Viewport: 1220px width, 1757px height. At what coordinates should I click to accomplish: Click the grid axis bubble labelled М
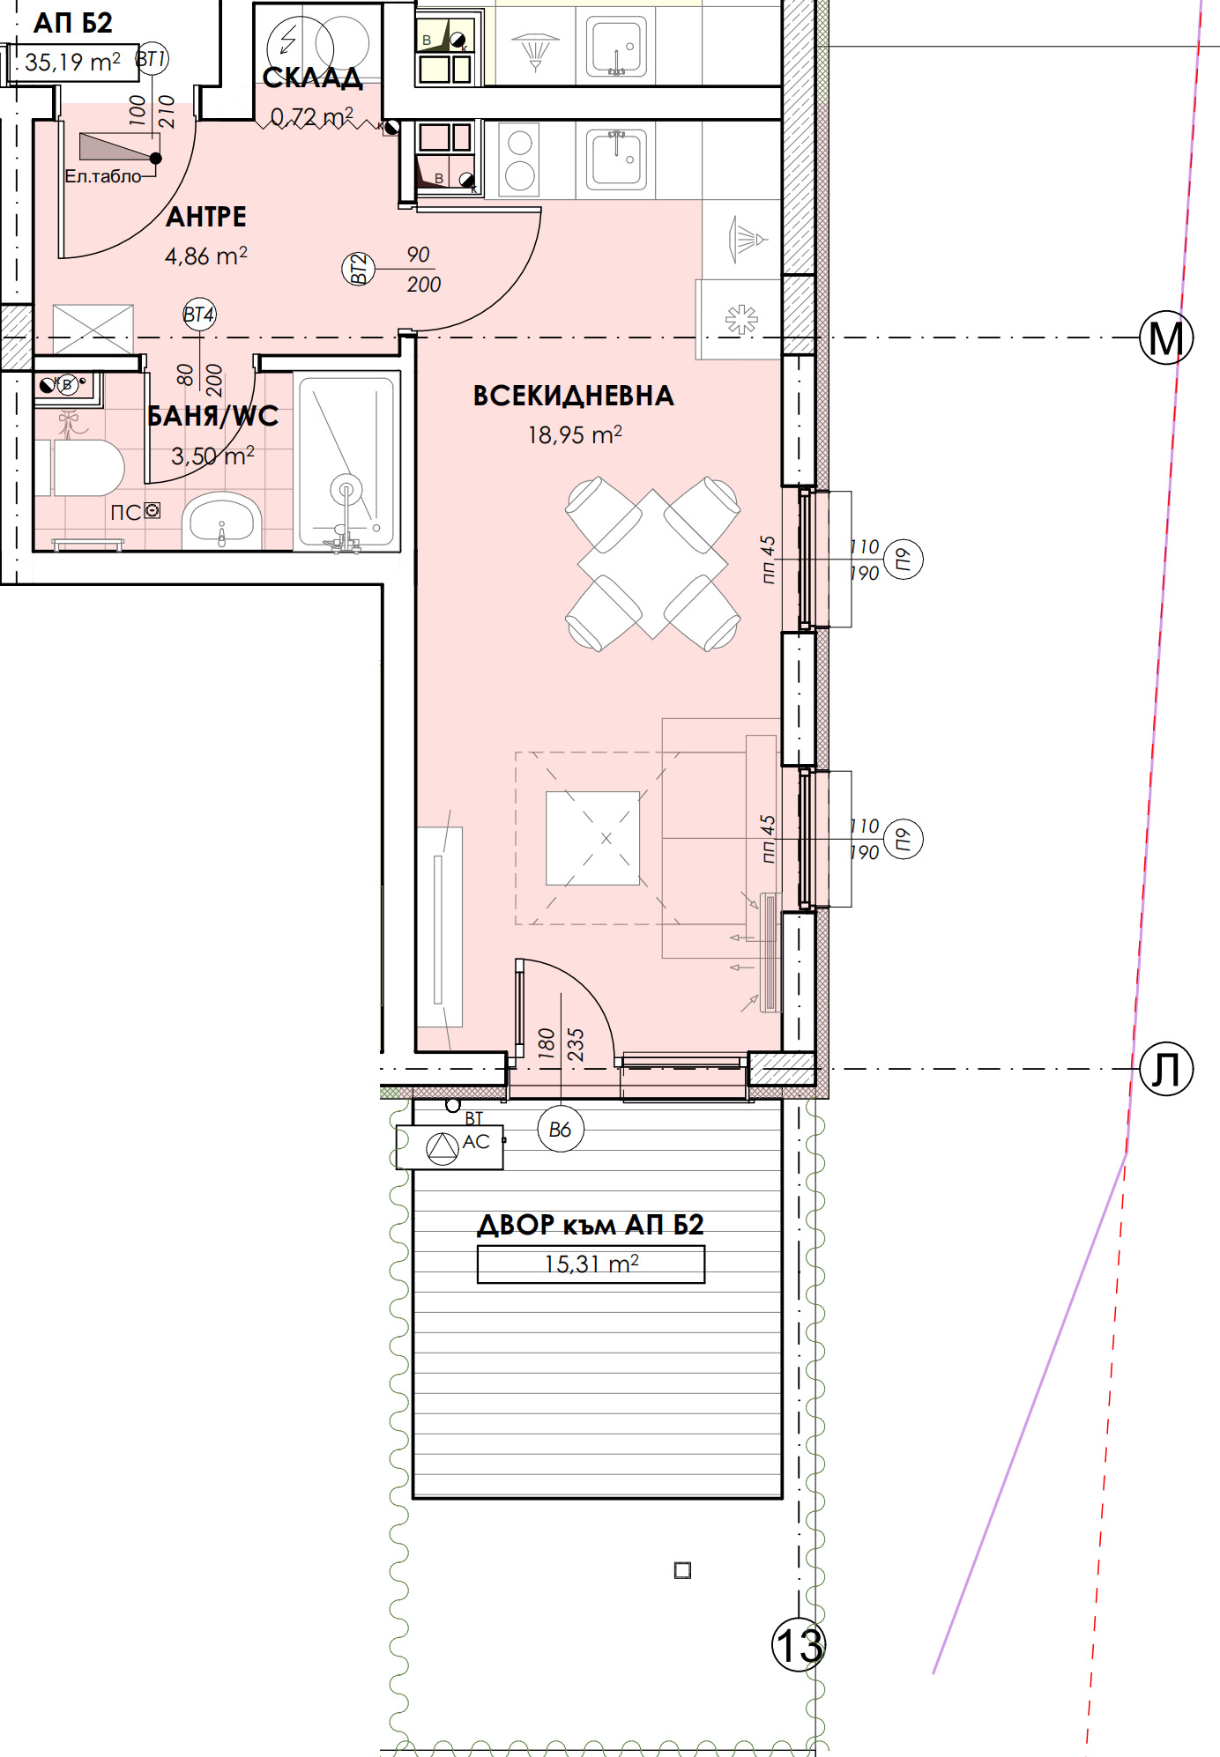pos(1166,337)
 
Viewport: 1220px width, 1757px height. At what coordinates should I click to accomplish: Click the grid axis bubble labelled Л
pos(1166,1069)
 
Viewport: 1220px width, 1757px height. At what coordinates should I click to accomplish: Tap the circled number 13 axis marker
pos(799,1645)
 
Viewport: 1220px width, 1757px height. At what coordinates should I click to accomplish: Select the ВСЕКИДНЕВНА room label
pos(574,396)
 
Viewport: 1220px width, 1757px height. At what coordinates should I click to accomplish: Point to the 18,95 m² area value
pos(575,434)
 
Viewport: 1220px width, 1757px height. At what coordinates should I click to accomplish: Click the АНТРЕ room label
pos(206,217)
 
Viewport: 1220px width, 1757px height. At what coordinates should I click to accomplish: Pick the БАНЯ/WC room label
pos(212,416)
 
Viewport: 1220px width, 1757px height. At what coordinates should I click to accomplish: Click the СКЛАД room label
pos(312,78)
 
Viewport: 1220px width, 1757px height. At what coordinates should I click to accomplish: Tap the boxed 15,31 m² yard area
pos(591,1264)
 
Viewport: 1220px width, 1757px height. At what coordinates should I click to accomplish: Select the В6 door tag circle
pos(561,1129)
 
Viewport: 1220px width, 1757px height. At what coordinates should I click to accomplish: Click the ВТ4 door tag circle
pos(199,315)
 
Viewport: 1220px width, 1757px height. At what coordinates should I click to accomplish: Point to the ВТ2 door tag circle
pos(359,269)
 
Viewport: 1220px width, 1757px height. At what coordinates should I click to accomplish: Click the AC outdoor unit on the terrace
pos(450,1147)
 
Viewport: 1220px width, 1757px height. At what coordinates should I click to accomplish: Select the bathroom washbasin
pos(222,521)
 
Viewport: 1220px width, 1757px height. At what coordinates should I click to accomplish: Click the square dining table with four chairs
pos(652,564)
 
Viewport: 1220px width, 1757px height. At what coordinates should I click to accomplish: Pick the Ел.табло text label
pos(103,176)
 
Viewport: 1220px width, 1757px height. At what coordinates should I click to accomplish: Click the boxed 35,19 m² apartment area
pos(73,63)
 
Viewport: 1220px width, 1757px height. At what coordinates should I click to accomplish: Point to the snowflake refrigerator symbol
pos(741,319)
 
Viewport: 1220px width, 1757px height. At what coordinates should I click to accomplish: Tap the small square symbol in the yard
pos(682,1570)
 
